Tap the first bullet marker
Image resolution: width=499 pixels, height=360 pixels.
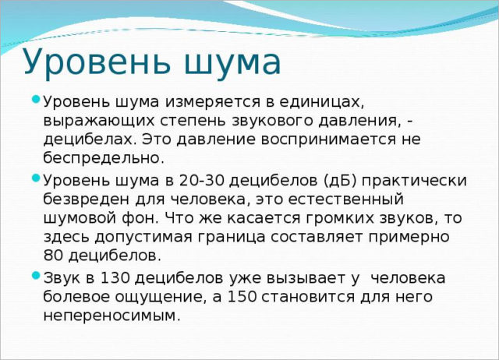[37, 101]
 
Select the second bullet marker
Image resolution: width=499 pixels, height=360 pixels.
[37, 178]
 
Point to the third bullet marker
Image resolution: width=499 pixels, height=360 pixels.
[37, 276]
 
